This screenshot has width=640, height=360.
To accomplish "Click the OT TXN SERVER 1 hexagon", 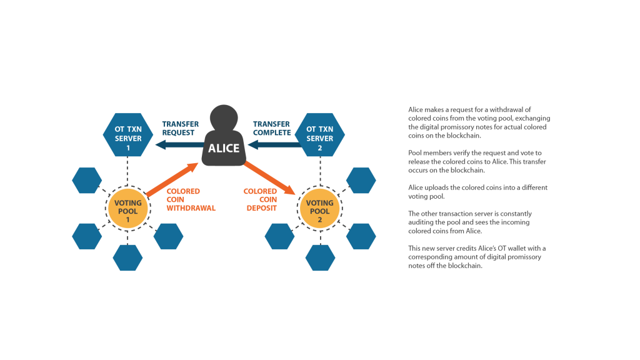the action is (x=127, y=135).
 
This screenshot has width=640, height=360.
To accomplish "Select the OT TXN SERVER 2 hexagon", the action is (x=319, y=135).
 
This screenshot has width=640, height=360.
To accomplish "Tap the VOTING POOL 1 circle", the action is (x=127, y=209).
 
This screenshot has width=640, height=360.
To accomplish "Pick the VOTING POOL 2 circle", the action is (x=319, y=209).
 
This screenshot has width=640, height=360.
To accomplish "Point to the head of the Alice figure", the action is (x=224, y=117).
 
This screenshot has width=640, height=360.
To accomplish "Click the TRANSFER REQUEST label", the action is (x=181, y=128).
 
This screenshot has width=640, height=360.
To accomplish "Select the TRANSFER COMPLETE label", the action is (x=272, y=128).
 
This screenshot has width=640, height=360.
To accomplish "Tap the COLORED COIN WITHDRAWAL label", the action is (x=191, y=199).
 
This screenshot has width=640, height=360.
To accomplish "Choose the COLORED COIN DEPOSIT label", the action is (x=261, y=199).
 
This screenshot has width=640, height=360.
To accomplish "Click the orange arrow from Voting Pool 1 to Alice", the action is (x=172, y=179).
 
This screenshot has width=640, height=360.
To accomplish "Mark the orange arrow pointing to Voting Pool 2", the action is (x=269, y=178).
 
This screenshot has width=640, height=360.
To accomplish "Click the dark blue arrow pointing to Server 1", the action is (x=179, y=144).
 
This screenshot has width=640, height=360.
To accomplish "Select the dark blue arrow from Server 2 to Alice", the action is (x=275, y=144).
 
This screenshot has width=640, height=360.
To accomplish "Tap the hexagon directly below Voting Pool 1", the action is (x=127, y=257).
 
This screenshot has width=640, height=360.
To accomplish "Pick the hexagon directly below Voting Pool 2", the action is (x=321, y=257).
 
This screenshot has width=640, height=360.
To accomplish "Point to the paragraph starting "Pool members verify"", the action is (x=477, y=162).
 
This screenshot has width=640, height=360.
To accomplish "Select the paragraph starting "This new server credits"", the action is (x=477, y=257).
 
